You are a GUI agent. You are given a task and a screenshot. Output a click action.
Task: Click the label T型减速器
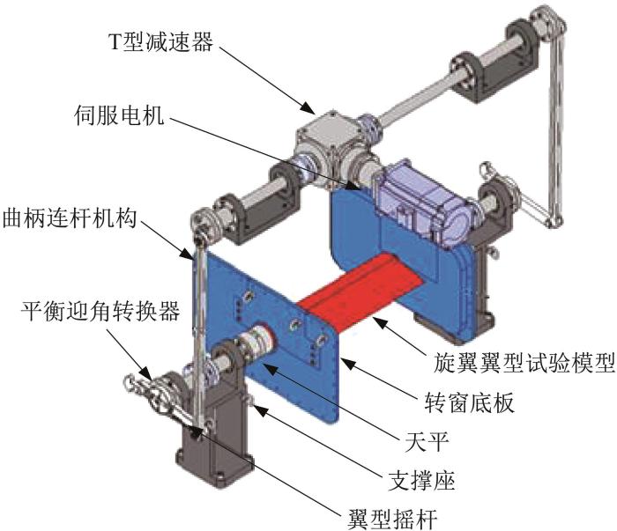pyautogui.click(x=160, y=41)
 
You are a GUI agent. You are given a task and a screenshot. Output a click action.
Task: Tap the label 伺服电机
pyautogui.click(x=120, y=115)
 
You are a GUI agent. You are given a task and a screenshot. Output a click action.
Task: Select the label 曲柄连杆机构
pyautogui.click(x=70, y=218)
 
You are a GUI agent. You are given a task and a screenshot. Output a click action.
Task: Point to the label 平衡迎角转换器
pyautogui.click(x=100, y=311)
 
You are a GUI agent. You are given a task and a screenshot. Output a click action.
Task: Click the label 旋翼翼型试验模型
pyautogui.click(x=524, y=362)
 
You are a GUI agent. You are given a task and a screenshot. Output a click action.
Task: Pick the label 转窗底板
pyautogui.click(x=470, y=402)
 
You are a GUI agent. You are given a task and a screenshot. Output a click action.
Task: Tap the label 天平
pyautogui.click(x=427, y=441)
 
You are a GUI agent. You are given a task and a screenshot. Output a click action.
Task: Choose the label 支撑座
pyautogui.click(x=421, y=480)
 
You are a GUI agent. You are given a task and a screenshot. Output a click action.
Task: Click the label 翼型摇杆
pyautogui.click(x=392, y=519)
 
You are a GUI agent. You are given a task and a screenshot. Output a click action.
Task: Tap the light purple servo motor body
pyautogui.click(x=425, y=204)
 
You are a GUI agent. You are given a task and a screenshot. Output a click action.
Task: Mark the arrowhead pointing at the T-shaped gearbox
pyautogui.click(x=308, y=107)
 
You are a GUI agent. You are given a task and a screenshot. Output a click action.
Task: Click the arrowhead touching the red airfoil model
pyautogui.click(x=379, y=323)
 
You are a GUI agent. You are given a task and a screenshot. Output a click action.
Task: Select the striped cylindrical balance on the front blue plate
pyautogui.click(x=256, y=339)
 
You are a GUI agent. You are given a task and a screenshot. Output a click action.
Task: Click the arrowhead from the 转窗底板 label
pyautogui.click(x=347, y=362)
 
